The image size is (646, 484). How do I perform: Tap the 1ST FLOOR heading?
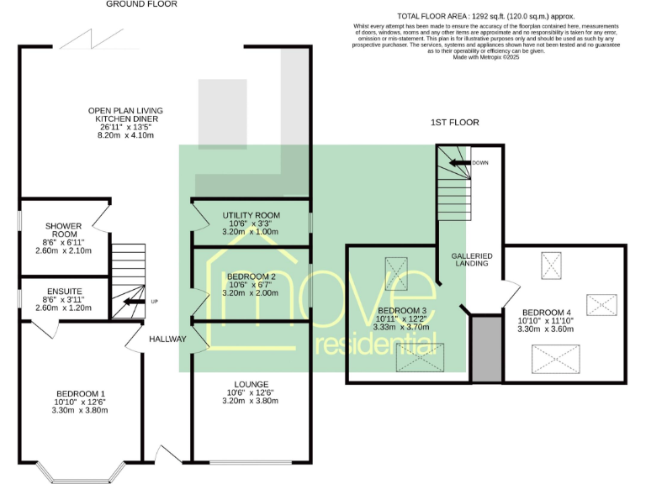pos(454,123)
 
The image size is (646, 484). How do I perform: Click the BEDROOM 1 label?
pos(81,394)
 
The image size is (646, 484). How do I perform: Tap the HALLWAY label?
pos(167,339)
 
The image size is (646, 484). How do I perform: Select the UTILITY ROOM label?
pos(251,216)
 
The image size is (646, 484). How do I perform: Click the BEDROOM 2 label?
pos(251,276)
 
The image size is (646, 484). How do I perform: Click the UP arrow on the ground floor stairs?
pos(134,302)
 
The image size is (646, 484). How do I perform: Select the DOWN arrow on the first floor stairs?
pos(459,163)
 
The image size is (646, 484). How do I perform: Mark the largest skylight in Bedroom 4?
pos(555,359)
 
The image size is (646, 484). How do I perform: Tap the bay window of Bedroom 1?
pos(77,478)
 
